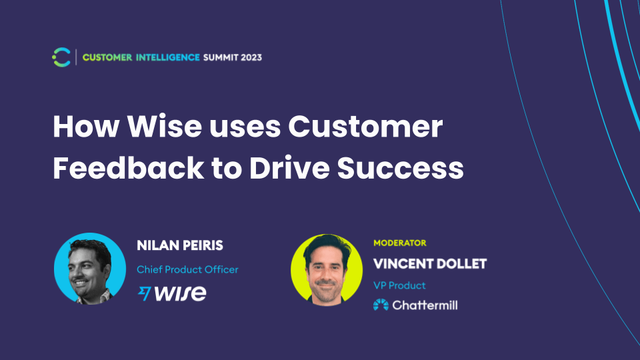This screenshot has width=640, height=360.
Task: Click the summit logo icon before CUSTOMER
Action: pyautogui.click(x=61, y=57)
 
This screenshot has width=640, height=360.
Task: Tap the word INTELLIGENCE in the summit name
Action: pyautogui.click(x=167, y=57)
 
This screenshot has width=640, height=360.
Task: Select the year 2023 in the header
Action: pyautogui.click(x=248, y=57)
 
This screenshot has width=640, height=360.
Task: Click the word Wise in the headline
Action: pyautogui.click(x=159, y=127)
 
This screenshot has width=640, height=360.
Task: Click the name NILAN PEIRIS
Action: pyautogui.click(x=180, y=245)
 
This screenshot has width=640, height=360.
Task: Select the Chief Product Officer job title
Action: pyautogui.click(x=187, y=269)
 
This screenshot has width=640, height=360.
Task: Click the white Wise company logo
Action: pyautogui.click(x=171, y=293)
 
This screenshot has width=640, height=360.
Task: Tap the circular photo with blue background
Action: pyautogui.click(x=90, y=269)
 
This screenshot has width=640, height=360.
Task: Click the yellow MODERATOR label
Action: pyautogui.click(x=399, y=243)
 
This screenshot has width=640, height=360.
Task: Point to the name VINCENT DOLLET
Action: pyautogui.click(x=430, y=263)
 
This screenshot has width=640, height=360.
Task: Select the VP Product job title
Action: pyautogui.click(x=399, y=285)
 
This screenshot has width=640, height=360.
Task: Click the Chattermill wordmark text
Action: pyautogui.click(x=425, y=305)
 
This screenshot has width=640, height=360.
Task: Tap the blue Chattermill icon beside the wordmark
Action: pyautogui.click(x=381, y=305)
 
